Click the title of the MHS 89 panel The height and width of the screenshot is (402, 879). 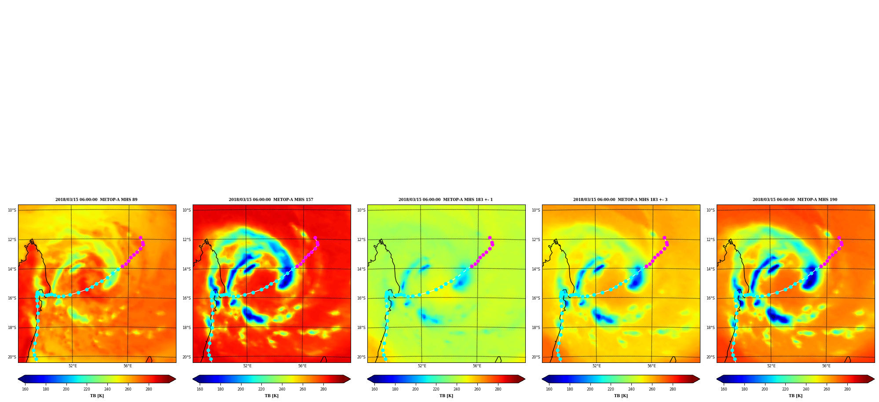coord(96,200)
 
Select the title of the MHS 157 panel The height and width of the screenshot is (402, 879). coord(271,200)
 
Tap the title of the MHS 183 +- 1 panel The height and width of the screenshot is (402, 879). coord(446,200)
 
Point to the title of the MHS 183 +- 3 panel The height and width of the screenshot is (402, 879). coord(620,200)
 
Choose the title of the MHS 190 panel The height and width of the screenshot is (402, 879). coord(795,200)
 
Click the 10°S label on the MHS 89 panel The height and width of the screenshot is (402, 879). coord(12,210)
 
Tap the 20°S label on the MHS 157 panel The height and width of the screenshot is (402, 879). coord(187,357)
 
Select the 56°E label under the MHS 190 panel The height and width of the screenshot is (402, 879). coord(826,366)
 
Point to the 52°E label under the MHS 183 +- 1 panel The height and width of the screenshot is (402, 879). coord(422,366)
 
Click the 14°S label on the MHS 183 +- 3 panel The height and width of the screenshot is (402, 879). coord(536,269)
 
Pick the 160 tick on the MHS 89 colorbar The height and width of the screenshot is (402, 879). coord(25,389)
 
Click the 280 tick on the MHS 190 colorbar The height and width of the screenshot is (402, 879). coord(847,389)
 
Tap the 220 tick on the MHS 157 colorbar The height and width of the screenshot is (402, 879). coord(261,389)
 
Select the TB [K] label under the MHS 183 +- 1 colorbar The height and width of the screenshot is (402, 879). coord(446,396)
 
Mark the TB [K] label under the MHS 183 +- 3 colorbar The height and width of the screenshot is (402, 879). coord(621,396)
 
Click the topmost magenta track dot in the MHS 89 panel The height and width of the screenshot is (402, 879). coord(140,238)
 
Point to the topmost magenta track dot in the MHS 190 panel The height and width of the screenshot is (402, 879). coord(839,238)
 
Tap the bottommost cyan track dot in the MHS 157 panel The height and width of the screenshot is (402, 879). coord(211,359)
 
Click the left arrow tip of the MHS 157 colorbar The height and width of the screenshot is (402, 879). coord(193,379)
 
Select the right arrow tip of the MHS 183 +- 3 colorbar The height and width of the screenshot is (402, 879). coord(700,379)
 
